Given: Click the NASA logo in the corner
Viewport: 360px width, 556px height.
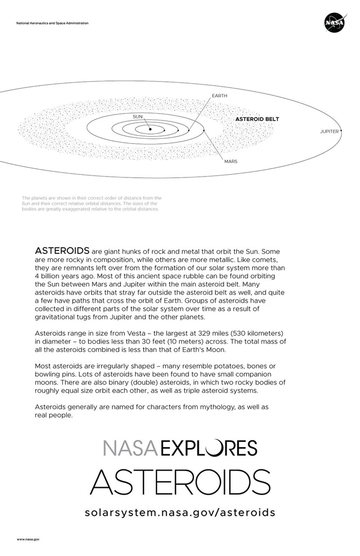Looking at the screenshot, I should (335, 23).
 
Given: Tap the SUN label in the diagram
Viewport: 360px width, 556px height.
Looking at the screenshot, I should (137, 117).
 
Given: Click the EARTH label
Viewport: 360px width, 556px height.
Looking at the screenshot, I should (220, 96).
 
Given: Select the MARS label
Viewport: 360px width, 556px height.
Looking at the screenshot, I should (231, 162).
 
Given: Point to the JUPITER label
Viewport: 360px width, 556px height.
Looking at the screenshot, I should (329, 132).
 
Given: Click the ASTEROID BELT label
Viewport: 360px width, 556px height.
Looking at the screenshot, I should (257, 119).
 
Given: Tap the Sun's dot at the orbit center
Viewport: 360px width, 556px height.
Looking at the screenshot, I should (150, 129).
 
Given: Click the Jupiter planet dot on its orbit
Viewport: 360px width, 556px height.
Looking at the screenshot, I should (341, 131).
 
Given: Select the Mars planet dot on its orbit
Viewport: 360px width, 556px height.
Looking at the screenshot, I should (204, 130).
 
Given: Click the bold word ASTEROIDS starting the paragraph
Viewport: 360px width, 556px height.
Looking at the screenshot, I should (62, 251).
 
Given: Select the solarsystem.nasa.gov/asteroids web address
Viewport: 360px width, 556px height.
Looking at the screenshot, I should (180, 512).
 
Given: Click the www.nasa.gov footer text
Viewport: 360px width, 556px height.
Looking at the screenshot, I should (28, 540).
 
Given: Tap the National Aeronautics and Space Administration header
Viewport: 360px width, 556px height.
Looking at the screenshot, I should (52, 23).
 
